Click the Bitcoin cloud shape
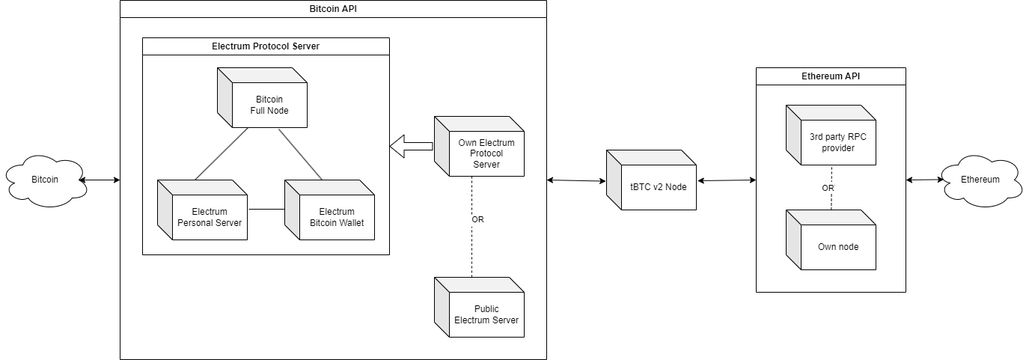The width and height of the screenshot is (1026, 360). pyautogui.click(x=46, y=180)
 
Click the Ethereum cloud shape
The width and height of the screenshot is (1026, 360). pyautogui.click(x=981, y=180)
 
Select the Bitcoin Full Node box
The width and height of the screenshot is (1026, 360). pyautogui.click(x=262, y=97)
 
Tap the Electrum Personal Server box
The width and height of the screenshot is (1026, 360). pyautogui.click(x=203, y=210)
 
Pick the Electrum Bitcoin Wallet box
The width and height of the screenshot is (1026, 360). pyautogui.click(x=330, y=210)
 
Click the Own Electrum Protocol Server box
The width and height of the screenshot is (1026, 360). pyautogui.click(x=479, y=146)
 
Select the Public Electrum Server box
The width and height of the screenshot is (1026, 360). pyautogui.click(x=479, y=308)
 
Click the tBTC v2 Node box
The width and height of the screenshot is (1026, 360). pyautogui.click(x=651, y=180)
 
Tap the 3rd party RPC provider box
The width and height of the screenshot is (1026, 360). pyautogui.click(x=831, y=135)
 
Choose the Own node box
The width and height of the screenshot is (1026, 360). pyautogui.click(x=831, y=240)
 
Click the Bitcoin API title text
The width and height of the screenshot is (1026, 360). pyautogui.click(x=333, y=9)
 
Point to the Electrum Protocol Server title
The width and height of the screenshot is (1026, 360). pyautogui.click(x=266, y=46)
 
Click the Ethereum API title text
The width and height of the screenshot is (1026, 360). pyautogui.click(x=831, y=76)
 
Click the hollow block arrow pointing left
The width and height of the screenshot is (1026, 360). pyautogui.click(x=412, y=146)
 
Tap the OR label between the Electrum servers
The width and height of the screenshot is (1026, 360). pyautogui.click(x=477, y=219)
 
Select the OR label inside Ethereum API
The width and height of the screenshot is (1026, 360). pyautogui.click(x=828, y=188)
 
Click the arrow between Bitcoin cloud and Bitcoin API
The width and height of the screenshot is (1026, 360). pyautogui.click(x=100, y=180)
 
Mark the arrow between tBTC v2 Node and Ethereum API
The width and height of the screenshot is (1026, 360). pyautogui.click(x=727, y=180)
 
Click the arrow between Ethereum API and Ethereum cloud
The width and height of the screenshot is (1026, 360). pyautogui.click(x=925, y=180)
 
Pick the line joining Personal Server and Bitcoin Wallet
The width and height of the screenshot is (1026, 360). pyautogui.click(x=266, y=210)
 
